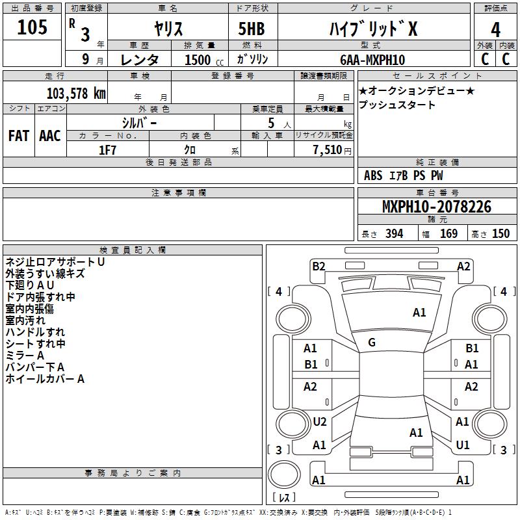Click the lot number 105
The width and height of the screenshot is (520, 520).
coord(32,28)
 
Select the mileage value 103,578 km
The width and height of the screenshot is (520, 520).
coord(76,93)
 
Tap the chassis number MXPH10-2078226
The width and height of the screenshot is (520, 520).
coord(437,207)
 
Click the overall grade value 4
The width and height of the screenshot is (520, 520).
coord(495,29)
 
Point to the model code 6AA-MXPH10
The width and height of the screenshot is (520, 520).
coord(372,60)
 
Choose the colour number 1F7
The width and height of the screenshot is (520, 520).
coord(107,150)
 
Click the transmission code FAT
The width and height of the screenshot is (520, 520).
coord(18,136)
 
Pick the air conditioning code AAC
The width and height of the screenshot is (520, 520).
coord(49,136)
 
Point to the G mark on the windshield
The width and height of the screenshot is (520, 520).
coord(372,343)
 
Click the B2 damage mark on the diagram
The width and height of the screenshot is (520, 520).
coord(318,266)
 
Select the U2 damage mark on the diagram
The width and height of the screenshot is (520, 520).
coord(319,422)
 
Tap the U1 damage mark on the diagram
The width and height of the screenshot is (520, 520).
coord(463,445)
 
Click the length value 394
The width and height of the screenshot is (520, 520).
coord(394,234)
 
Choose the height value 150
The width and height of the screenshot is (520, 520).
coord(500,234)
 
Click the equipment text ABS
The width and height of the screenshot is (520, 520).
coord(373,175)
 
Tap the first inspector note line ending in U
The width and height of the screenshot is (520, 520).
coord(55,261)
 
